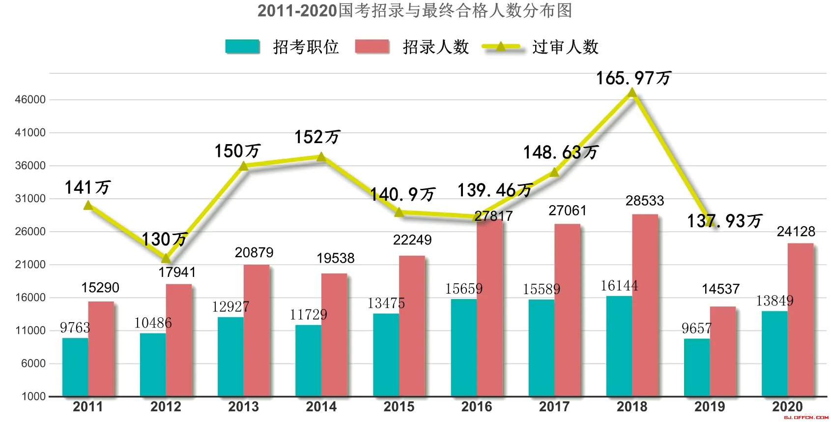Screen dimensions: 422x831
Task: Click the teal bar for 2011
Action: tap(75, 367)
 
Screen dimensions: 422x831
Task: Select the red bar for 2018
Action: tap(645, 305)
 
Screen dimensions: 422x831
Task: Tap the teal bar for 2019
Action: tap(697, 367)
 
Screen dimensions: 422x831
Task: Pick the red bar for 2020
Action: tap(800, 320)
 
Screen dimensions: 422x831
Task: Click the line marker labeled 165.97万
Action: tap(632, 92)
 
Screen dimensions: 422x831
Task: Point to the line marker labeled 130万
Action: tap(166, 258)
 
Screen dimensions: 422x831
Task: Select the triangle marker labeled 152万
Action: tap(321, 156)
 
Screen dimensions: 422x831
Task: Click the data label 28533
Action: tap(645, 201)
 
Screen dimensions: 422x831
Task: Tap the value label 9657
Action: tap(696, 329)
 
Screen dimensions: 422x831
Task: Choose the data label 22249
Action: tap(412, 240)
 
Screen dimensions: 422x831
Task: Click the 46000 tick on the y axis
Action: tap(30, 99)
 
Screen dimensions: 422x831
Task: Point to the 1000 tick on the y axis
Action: tap(33, 396)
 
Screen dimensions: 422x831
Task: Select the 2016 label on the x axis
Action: tap(476, 407)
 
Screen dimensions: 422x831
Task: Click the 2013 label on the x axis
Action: tap(243, 407)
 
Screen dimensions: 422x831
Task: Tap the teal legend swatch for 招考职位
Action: tap(242, 47)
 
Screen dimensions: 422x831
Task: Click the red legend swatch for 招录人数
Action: tap(372, 47)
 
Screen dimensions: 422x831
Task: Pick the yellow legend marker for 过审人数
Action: tap(501, 47)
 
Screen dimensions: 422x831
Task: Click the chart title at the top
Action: tap(415, 10)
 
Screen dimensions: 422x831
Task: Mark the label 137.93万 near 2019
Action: tap(724, 221)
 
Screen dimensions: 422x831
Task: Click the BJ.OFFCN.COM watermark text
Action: tap(806, 418)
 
